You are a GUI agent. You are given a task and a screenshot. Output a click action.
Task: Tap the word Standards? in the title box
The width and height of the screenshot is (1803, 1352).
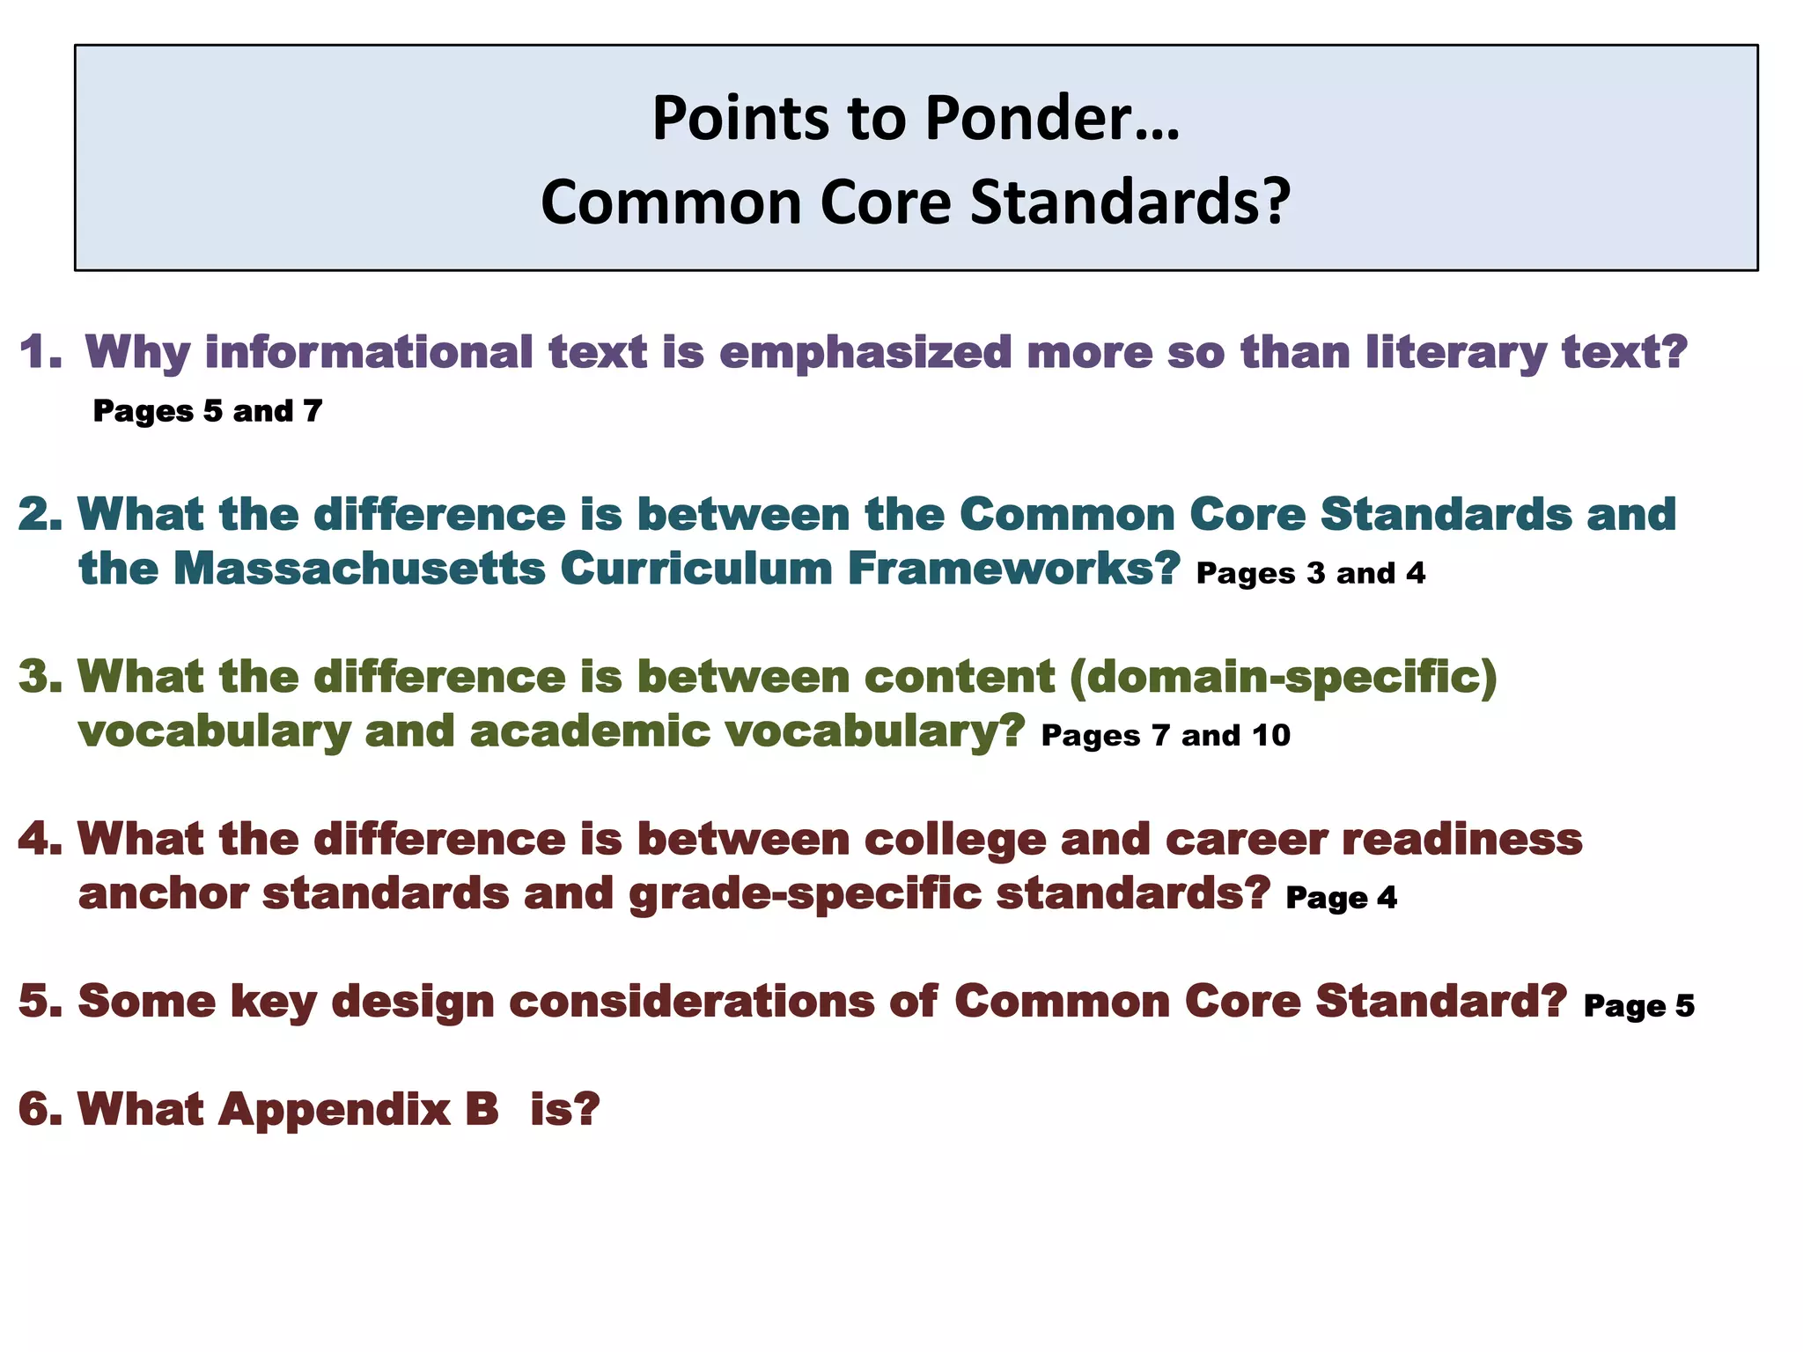tap(1130, 202)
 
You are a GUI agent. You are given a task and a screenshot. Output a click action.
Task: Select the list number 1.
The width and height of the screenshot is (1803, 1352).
tap(40, 352)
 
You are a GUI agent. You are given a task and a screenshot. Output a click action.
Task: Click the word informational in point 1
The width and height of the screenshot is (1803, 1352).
tap(369, 352)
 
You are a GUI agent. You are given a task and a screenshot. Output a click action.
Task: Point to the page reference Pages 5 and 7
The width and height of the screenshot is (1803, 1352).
tap(208, 411)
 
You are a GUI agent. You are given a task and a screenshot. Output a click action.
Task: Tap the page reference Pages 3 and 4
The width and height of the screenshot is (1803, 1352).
tap(1311, 574)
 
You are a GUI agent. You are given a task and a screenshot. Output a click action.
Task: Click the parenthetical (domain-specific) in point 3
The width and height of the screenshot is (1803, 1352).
tap(1284, 677)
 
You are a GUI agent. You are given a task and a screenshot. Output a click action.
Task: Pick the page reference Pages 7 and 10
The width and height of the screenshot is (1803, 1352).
tap(1166, 736)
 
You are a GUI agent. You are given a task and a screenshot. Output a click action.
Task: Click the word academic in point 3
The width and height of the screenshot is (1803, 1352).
tap(590, 731)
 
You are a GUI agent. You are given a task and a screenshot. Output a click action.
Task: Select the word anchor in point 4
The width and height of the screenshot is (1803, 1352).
tap(164, 893)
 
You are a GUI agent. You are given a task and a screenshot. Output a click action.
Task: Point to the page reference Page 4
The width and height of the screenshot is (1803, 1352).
tap(1341, 898)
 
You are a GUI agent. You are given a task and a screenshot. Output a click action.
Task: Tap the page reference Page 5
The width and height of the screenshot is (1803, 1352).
tap(1638, 1006)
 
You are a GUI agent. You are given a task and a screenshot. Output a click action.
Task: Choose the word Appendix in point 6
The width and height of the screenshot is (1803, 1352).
tap(335, 1109)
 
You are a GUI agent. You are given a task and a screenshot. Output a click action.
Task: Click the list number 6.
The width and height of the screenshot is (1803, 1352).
tap(40, 1109)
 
